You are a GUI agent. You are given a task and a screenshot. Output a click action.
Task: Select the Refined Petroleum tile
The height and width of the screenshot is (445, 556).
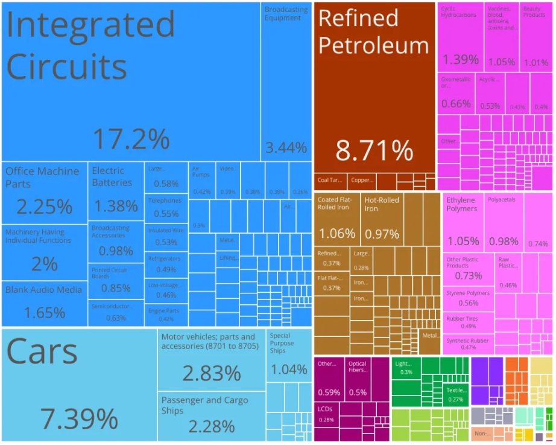click(x=374, y=91)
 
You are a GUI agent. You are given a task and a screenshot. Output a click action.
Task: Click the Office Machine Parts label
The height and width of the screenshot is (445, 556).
click(x=42, y=177)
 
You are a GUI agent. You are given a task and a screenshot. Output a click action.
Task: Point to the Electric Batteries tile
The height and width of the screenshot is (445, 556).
click(x=116, y=190)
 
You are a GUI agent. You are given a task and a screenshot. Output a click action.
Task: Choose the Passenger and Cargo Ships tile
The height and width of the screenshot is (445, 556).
click(x=211, y=417)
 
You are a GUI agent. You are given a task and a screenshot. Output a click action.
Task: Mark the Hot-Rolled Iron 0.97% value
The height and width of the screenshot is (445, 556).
click(x=382, y=234)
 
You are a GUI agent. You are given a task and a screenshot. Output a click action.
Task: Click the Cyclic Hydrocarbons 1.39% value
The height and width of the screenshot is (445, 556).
click(x=460, y=59)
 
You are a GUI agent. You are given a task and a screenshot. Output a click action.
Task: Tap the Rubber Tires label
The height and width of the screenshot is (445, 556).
click(x=461, y=318)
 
